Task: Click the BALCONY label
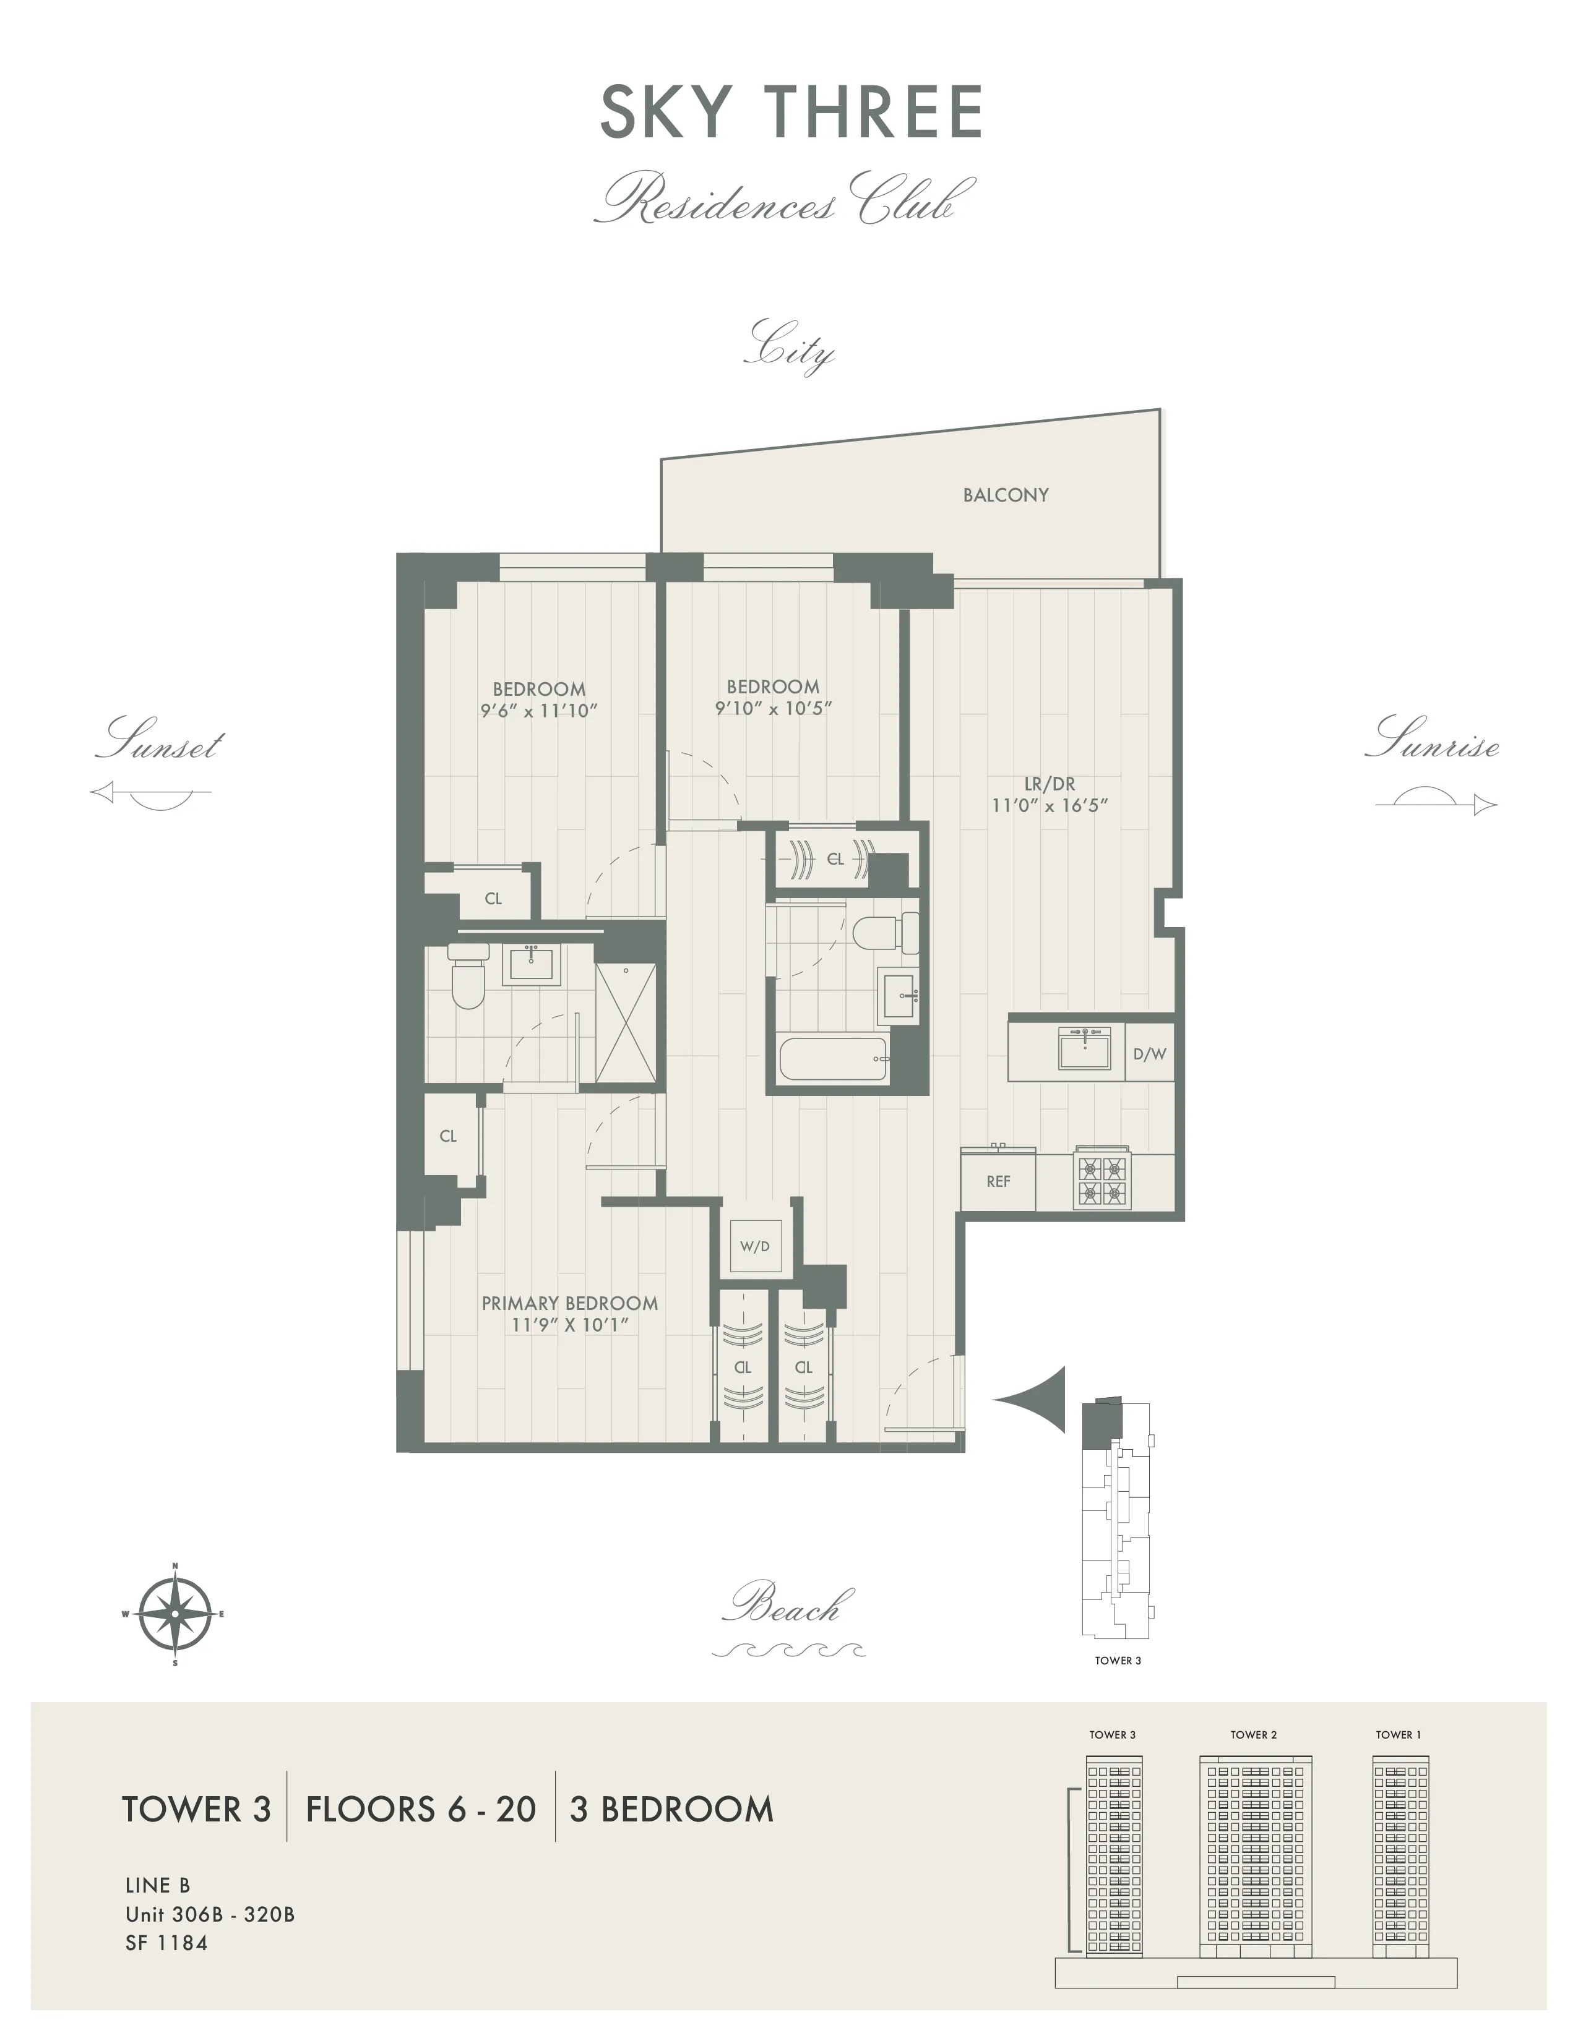(1005, 495)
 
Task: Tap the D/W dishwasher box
(1149, 1054)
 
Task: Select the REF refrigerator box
(998, 1181)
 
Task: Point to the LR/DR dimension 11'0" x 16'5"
(1049, 805)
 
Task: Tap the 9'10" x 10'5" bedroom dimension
(773, 708)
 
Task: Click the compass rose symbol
(175, 1613)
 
